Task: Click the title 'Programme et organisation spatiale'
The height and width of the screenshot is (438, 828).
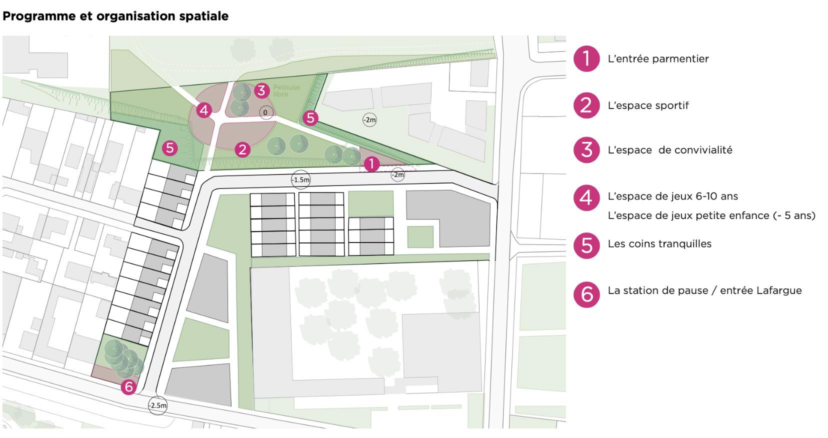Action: click(115, 16)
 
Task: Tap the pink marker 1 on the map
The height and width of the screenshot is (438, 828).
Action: click(371, 163)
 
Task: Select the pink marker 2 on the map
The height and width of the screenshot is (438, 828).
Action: click(242, 149)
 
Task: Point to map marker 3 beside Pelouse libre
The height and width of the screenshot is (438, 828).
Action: click(261, 90)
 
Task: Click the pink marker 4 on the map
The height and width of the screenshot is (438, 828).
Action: click(204, 109)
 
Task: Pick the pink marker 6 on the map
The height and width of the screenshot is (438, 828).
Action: click(128, 386)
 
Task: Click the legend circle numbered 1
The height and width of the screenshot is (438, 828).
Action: click(586, 59)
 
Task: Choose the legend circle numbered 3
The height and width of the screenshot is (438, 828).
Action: click(586, 150)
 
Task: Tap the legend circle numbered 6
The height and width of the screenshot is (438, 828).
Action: click(586, 294)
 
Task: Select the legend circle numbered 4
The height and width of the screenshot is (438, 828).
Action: click(586, 197)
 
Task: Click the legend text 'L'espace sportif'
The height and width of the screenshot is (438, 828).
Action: click(648, 105)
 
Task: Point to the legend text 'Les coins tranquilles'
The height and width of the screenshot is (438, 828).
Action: click(659, 244)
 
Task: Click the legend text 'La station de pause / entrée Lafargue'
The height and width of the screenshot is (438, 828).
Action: click(704, 290)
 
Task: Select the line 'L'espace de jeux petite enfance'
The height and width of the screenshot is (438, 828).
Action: click(711, 215)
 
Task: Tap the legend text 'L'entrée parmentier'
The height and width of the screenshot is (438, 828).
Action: click(658, 58)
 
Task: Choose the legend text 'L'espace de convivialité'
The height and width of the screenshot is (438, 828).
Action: click(670, 150)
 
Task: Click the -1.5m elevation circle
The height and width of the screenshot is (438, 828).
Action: click(300, 179)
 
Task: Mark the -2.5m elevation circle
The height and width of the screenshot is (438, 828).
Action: click(157, 405)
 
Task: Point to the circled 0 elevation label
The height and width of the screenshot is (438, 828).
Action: click(265, 112)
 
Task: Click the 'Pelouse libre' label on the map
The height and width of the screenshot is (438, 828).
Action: click(286, 90)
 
